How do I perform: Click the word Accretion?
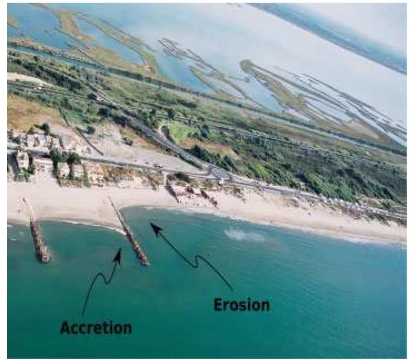tap(96, 328)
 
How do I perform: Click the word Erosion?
tap(242, 305)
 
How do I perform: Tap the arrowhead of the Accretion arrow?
tap(118, 255)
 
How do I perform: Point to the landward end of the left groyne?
tap(24, 200)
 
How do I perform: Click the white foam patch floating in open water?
tap(243, 234)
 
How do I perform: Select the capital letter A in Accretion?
tap(65, 328)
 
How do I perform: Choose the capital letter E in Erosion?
tap(218, 305)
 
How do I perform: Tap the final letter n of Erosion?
tap(265, 306)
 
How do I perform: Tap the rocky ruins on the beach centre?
tap(194, 194)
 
